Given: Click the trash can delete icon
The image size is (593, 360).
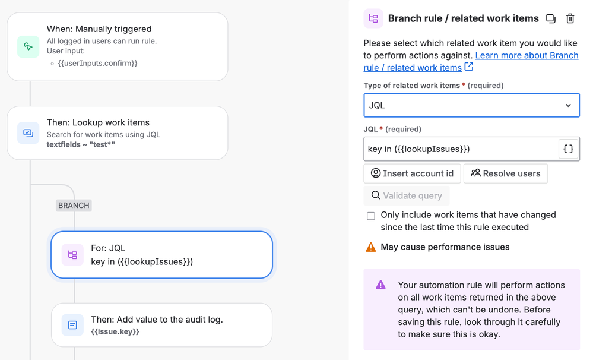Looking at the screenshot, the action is (x=570, y=18).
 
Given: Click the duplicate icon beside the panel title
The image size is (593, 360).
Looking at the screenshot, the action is (x=551, y=18).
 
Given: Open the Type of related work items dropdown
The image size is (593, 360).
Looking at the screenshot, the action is (x=471, y=105).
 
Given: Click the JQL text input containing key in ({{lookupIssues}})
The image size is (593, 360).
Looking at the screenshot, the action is (x=461, y=149).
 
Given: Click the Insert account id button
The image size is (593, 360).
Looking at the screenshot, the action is (x=412, y=173).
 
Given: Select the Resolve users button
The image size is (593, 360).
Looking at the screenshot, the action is (x=506, y=173).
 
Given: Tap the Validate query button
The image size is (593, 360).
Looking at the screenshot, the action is (x=407, y=195).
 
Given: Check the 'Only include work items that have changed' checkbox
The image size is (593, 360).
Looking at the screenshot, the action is (x=370, y=216).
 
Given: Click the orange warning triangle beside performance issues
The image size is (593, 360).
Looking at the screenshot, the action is (x=370, y=247).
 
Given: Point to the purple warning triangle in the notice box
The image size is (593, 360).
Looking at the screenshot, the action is (x=380, y=285).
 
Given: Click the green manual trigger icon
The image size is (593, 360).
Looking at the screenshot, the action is (x=28, y=46).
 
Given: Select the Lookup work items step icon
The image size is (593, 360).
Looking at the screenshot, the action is (x=28, y=133).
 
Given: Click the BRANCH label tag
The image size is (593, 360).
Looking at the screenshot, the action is (x=74, y=205).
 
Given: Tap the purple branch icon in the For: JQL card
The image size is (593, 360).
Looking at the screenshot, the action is (x=72, y=255).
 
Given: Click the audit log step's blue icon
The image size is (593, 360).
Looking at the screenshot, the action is (x=72, y=325).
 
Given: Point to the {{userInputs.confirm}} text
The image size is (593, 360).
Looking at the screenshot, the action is (x=97, y=63).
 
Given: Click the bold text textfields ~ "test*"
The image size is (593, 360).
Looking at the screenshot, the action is (x=81, y=144).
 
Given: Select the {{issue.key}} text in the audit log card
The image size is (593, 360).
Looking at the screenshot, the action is (x=115, y=331).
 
